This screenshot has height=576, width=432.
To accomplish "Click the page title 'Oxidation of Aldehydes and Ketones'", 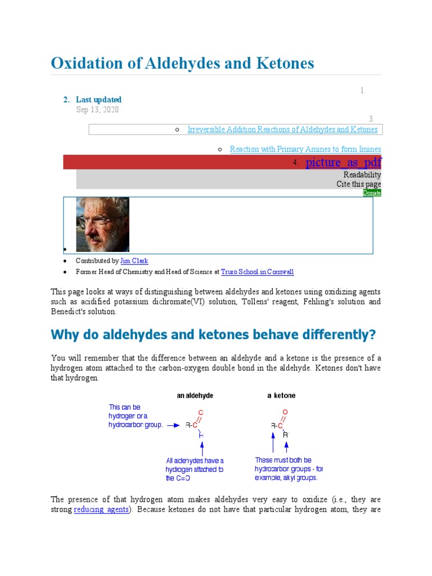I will [x=182, y=63].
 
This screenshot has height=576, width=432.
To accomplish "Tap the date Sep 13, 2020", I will [x=97, y=110].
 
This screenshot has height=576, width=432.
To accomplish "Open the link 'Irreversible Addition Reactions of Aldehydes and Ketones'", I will [x=282, y=129].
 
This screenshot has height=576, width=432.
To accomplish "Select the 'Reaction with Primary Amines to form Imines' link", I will [x=305, y=149].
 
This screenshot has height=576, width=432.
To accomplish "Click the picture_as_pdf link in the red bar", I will [x=343, y=163].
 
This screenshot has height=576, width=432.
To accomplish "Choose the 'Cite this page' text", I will [x=358, y=184].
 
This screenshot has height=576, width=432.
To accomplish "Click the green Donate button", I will [x=372, y=192].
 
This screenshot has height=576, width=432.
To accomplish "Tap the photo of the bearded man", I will [x=102, y=224].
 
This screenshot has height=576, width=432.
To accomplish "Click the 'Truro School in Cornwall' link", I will [x=258, y=272].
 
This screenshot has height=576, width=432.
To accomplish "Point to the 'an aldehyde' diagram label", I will [x=195, y=395].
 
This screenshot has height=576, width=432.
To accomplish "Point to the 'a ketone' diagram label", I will [x=281, y=395].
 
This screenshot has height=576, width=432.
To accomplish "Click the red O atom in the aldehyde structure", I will [x=201, y=412].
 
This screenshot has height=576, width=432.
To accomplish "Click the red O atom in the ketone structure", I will [x=285, y=412].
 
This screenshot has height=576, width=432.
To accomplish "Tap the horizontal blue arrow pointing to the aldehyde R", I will [x=174, y=425].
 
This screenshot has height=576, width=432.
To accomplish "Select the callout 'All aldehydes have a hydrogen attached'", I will [x=195, y=469].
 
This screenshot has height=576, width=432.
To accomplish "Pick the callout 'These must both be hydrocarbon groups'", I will [x=289, y=469].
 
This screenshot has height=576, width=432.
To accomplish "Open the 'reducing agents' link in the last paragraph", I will [x=102, y=510].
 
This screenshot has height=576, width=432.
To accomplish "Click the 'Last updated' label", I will [x=98, y=100].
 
